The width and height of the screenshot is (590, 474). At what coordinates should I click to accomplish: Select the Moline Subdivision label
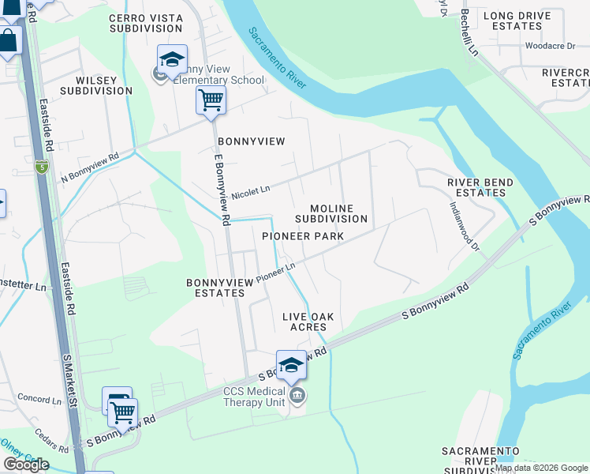click(331, 213)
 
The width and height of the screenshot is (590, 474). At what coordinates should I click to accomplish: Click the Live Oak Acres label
click(308, 322)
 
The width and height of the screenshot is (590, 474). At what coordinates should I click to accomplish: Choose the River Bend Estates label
click(480, 187)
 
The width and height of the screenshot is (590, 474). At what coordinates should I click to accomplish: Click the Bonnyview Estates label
click(215, 288)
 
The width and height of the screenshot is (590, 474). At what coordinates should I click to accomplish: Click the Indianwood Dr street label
click(465, 224)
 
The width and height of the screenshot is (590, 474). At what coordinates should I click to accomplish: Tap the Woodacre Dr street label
click(550, 46)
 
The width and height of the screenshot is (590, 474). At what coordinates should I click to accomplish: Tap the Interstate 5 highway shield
click(42, 167)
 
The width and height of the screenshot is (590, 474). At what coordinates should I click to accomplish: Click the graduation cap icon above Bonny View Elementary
click(172, 59)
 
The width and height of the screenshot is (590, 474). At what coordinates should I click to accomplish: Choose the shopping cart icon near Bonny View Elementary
click(211, 100)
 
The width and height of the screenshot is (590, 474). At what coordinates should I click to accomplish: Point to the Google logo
click(26, 465)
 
